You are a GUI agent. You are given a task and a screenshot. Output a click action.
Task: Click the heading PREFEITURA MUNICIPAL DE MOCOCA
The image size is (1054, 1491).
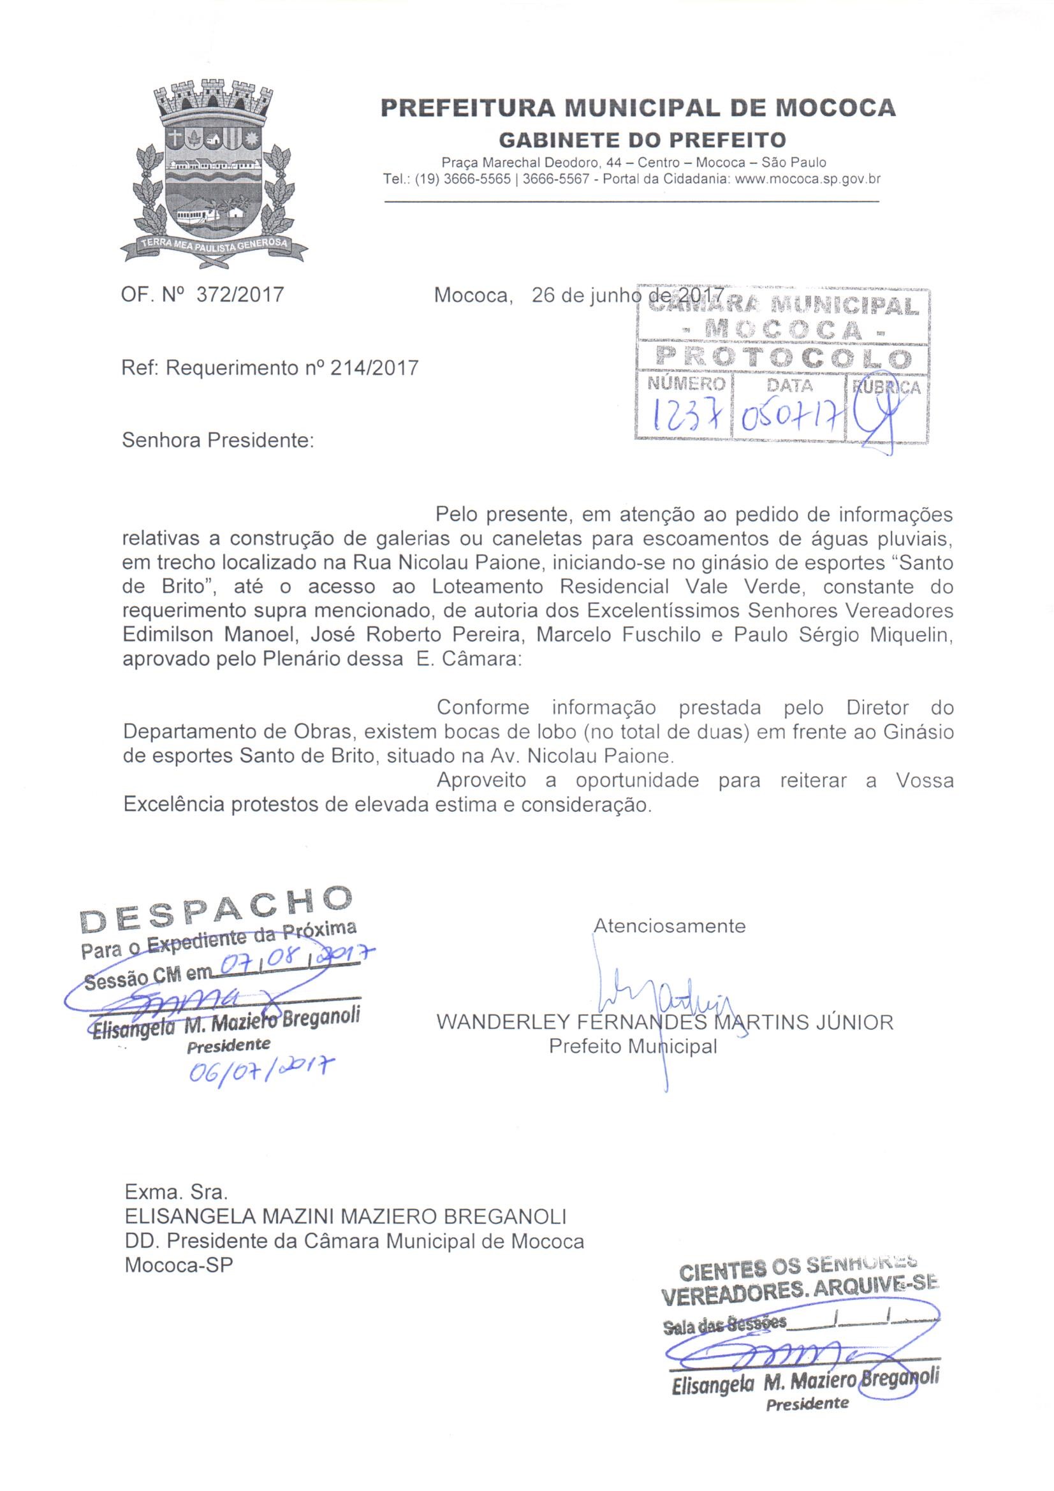[x=638, y=108]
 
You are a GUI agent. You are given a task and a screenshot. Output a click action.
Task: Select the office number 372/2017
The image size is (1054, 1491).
[x=240, y=295]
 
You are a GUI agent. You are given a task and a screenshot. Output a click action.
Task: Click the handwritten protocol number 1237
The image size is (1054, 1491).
[x=682, y=416]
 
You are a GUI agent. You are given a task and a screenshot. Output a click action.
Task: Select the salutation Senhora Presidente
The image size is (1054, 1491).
[x=217, y=441]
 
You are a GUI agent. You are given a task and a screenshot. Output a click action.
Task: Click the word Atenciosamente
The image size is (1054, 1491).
[x=670, y=925]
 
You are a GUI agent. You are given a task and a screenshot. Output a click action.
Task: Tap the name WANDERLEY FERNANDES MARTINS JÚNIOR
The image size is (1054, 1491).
[x=664, y=1023]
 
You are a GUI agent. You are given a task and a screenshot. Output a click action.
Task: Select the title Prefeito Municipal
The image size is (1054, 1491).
[x=633, y=1047]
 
